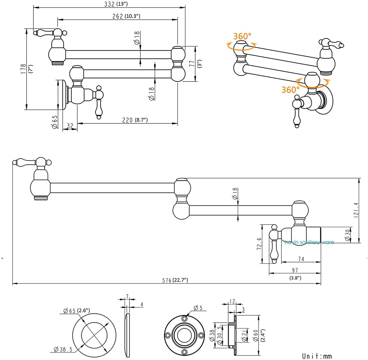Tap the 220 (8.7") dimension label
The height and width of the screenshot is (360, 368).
pos(135,120)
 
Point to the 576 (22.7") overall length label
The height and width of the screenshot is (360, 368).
pos(175,280)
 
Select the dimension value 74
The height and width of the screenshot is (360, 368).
pos(300,259)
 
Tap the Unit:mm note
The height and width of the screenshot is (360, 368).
pos(317,356)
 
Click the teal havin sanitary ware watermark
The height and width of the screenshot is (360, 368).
pos(309,242)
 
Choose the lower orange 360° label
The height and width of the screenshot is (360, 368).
pos(290,90)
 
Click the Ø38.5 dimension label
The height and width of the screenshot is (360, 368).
pos(64,349)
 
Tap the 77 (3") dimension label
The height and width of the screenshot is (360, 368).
pos(196,63)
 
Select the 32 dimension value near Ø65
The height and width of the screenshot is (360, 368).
pos(70,126)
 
